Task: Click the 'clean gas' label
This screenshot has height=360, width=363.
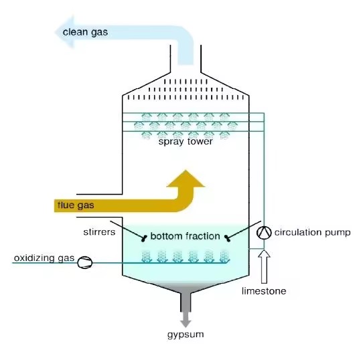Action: click(85, 32)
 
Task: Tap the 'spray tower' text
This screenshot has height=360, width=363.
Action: click(186, 142)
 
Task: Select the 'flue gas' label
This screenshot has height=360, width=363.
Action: click(76, 205)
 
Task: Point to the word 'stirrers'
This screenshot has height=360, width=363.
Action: click(99, 232)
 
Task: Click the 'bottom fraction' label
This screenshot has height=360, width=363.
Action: click(186, 236)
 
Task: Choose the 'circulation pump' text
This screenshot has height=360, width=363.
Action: click(312, 232)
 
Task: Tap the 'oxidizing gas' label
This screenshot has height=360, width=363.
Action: click(44, 258)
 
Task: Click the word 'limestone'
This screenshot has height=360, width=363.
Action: click(264, 291)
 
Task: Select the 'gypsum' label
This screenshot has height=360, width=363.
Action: click(186, 335)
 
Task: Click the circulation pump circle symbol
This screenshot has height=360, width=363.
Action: click(264, 232)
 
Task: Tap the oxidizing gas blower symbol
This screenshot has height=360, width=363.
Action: click(85, 262)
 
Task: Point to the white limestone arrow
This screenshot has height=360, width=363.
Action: click(264, 266)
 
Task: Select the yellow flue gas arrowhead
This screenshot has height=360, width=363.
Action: click(186, 179)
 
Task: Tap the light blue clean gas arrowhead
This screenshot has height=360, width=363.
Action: click(65, 32)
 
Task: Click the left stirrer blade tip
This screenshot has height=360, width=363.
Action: click(144, 239)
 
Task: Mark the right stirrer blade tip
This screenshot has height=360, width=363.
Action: click(227, 238)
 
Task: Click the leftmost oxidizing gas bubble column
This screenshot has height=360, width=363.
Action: click(146, 256)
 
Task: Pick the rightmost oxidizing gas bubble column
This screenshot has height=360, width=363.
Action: click(224, 256)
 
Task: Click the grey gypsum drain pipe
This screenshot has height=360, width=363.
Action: click(186, 302)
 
